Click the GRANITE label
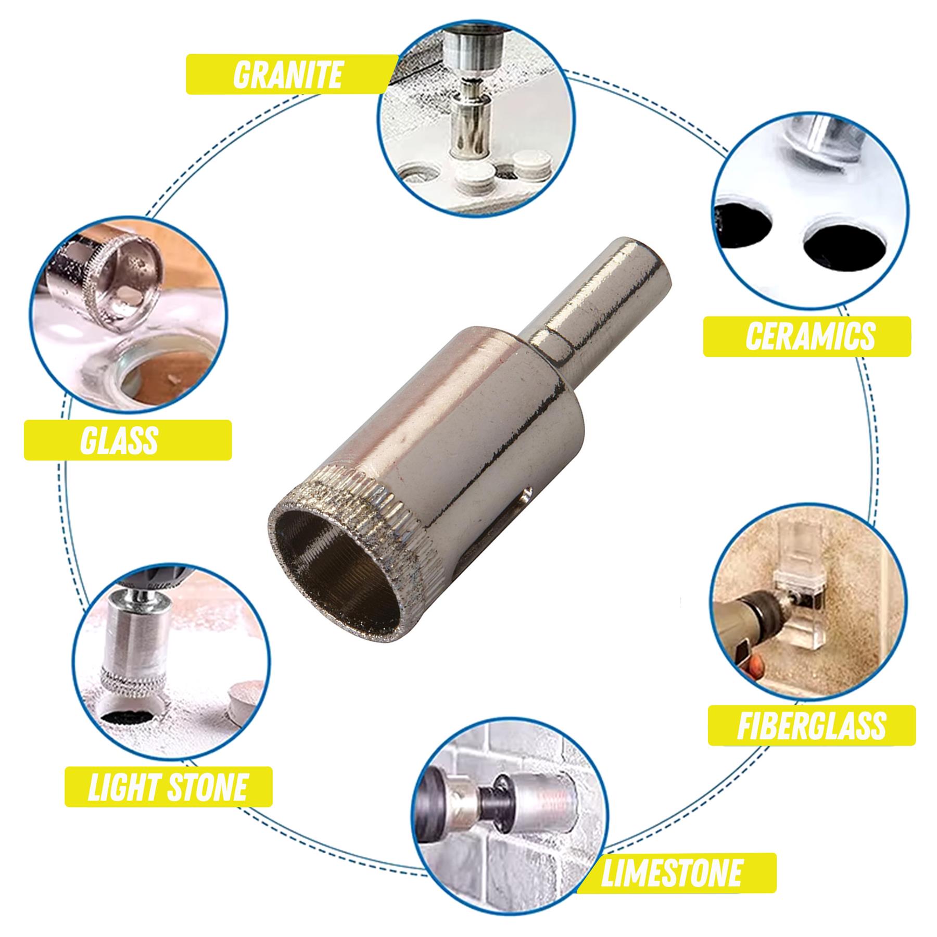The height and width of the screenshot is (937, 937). [288, 74]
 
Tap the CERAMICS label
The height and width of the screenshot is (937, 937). [810, 336]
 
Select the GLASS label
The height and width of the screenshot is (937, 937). [119, 440]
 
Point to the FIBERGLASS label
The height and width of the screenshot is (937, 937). [811, 725]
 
